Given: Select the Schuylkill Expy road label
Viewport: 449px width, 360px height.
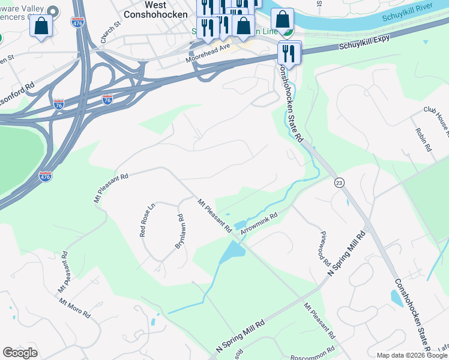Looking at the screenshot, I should (x=364, y=41).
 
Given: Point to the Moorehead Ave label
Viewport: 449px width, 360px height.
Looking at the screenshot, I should (x=208, y=53).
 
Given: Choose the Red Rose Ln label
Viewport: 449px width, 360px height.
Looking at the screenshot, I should (x=147, y=220).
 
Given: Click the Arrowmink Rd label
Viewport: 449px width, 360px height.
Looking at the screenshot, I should (x=259, y=223).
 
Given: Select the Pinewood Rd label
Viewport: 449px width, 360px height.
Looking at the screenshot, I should (x=325, y=248).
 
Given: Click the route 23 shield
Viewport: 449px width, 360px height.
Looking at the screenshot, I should (x=339, y=182).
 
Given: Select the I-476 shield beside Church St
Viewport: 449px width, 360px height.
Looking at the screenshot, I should (x=77, y=22).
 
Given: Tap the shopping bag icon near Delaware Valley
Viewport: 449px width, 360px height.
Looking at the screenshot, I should (x=41, y=26).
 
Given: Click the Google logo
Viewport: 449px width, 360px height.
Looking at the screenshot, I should (x=20, y=353).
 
